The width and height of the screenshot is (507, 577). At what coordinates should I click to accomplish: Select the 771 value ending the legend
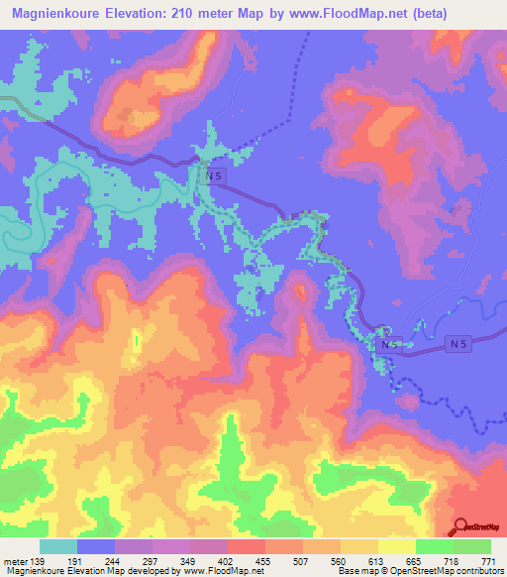coord(489,561)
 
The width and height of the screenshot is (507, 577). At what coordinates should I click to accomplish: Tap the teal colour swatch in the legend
coord(59,546)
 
